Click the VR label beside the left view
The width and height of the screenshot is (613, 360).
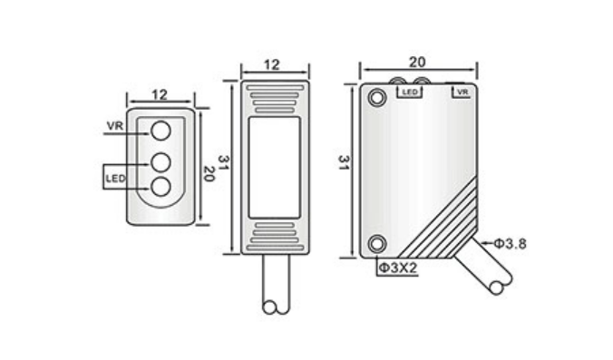(x=114, y=126)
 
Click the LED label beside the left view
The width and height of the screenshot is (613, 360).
(x=115, y=178)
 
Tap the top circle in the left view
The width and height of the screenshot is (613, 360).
(x=161, y=131)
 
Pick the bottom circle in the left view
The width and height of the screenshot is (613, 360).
(x=161, y=187)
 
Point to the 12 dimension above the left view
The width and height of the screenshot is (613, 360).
(x=159, y=94)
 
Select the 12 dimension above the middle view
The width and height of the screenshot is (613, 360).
(x=274, y=64)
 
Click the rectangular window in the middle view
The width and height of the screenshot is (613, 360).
(x=274, y=165)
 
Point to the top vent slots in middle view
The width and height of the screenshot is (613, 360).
(x=274, y=96)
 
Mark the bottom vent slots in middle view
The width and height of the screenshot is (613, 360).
(x=274, y=234)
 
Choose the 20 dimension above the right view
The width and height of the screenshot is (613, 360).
(x=417, y=63)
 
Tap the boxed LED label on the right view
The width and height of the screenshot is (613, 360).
(x=409, y=92)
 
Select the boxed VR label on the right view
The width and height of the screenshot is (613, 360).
(x=461, y=92)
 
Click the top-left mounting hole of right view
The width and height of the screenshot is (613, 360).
(x=377, y=97)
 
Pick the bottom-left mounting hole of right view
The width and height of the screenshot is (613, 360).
(x=377, y=243)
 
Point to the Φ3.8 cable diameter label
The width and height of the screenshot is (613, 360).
(x=511, y=243)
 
